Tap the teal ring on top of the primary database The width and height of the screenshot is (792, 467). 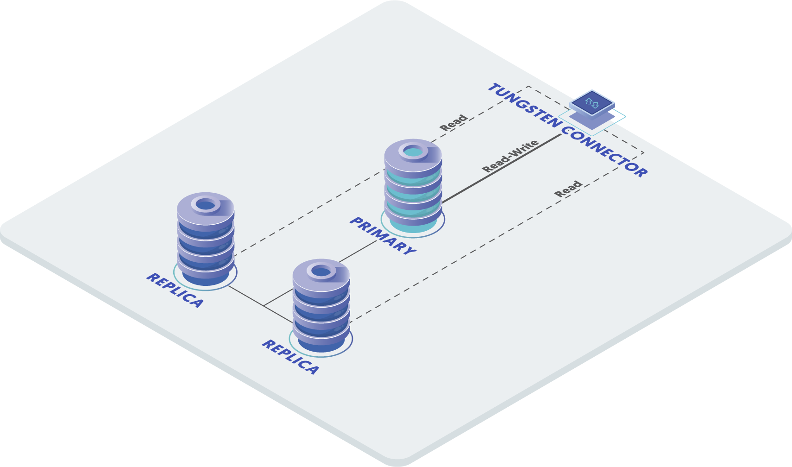[413, 151]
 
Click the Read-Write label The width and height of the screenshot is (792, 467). [510, 156]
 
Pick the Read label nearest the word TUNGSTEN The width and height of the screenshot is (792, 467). [453, 123]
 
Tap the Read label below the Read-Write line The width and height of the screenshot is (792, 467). [568, 189]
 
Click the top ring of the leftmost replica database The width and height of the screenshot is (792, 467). [206, 204]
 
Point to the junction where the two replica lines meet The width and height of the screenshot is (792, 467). [264, 306]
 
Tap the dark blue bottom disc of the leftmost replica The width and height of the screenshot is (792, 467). [206, 278]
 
